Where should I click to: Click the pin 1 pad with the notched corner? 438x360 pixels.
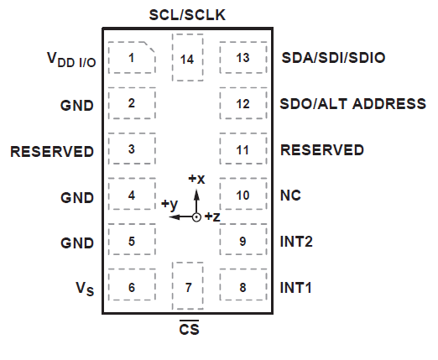[x=132, y=58]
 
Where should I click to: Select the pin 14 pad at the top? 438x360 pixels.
[x=188, y=58]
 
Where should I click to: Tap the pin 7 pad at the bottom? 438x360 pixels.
[x=188, y=287]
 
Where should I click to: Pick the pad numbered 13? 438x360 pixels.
[x=243, y=58]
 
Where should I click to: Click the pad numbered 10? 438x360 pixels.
[x=243, y=195]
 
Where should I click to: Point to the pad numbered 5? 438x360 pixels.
[x=132, y=241]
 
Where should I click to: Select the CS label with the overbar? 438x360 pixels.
[x=188, y=329]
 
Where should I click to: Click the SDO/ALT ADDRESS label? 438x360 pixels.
[x=352, y=104]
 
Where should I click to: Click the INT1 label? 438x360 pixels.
[x=295, y=287]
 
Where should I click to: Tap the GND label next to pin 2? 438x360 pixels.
[x=76, y=105]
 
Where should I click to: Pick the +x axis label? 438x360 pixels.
[x=196, y=179]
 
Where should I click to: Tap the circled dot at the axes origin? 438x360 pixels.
[x=196, y=217]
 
